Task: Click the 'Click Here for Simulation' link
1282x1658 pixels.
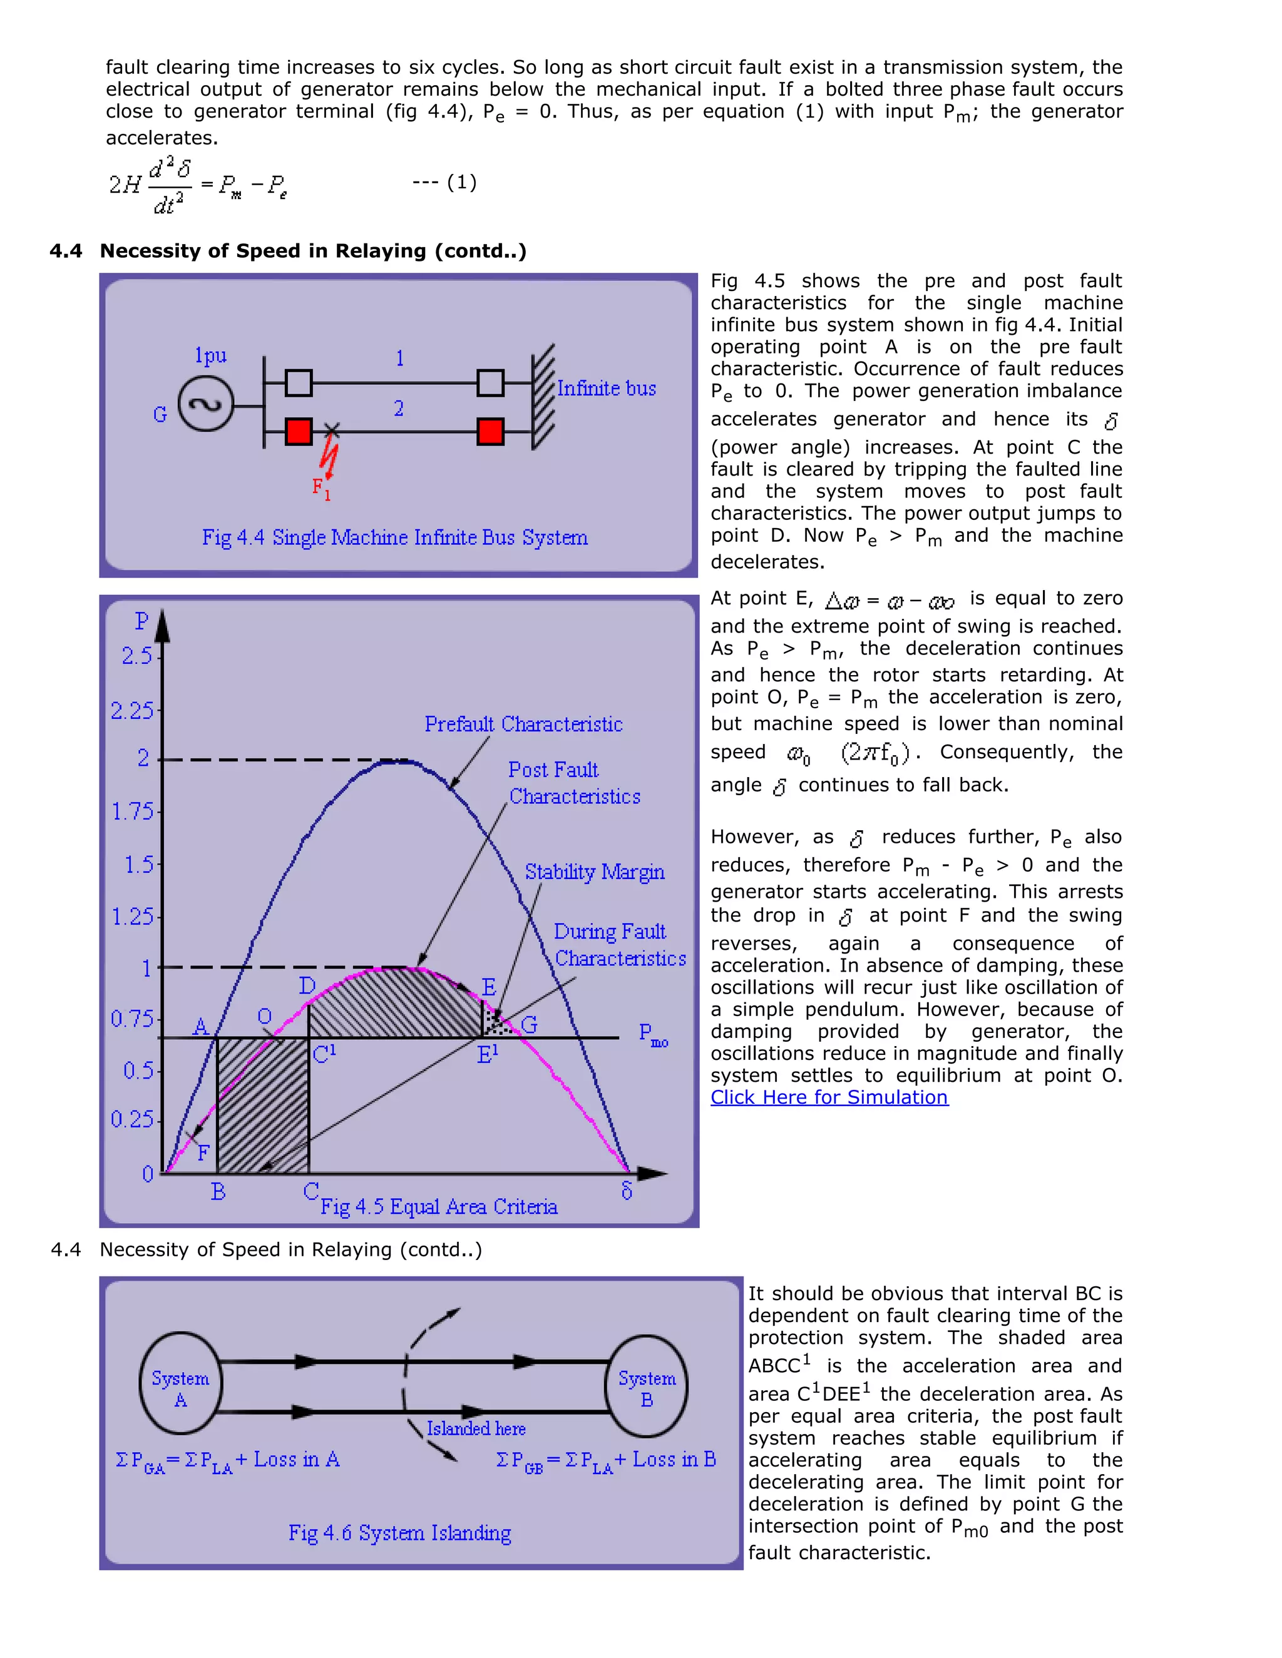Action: [x=829, y=1098]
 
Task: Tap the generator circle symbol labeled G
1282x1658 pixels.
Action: [x=205, y=405]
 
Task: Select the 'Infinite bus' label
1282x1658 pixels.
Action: [x=606, y=389]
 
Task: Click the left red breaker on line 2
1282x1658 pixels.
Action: [x=299, y=431]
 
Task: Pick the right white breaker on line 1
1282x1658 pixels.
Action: [x=491, y=383]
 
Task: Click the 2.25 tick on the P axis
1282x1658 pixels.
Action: [x=132, y=711]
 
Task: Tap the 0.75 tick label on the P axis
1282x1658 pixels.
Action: [x=132, y=1019]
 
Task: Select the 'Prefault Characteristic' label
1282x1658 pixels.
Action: [x=523, y=725]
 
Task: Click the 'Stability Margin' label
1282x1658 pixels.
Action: [x=594, y=872]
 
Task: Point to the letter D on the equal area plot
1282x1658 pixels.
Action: [x=307, y=985]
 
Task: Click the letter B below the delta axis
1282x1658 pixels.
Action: [x=218, y=1192]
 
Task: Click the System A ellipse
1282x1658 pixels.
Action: [x=181, y=1383]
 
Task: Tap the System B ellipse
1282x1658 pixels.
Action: [x=646, y=1386]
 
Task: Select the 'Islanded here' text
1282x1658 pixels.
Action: [x=476, y=1429]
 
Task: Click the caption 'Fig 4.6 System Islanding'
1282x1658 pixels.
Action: [x=399, y=1533]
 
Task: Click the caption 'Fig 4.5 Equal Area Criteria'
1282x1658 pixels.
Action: [x=439, y=1206]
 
